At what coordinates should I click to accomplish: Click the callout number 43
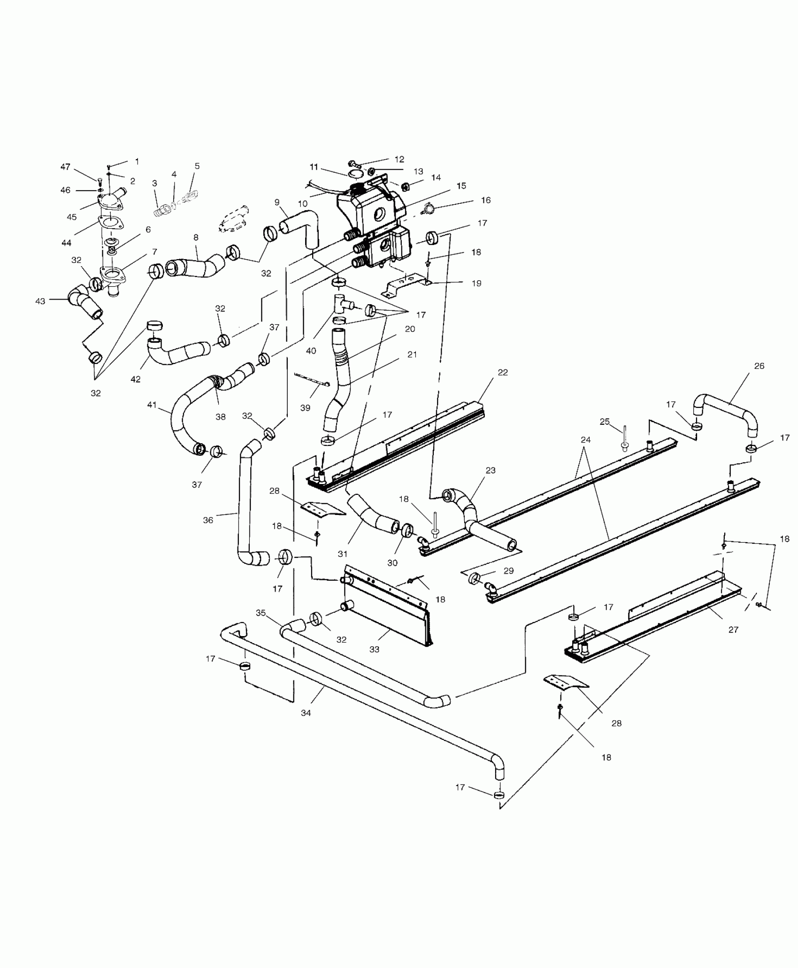coord(40,301)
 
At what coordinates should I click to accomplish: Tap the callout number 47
coord(65,167)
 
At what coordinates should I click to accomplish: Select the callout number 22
coord(503,372)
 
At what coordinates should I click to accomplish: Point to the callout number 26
coord(759,366)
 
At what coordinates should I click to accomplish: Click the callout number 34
coord(306,726)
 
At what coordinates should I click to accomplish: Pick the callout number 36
coord(208,520)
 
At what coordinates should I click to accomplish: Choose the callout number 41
coord(152,404)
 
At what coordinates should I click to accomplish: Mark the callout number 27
coord(733,630)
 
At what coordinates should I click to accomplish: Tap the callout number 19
coord(476,283)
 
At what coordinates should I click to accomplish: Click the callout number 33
coord(374,649)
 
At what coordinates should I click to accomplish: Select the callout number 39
coord(305,408)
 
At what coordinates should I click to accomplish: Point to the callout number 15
coord(461,185)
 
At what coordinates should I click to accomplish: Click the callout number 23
coord(491,470)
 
